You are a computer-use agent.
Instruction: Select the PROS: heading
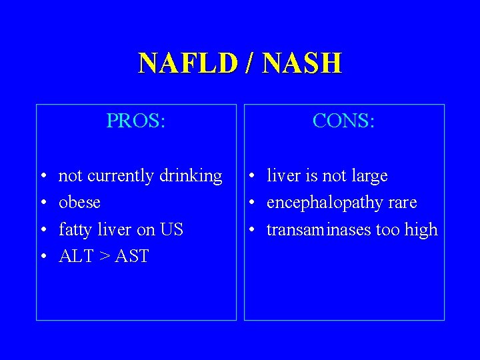[136, 121]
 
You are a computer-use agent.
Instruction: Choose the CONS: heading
[344, 121]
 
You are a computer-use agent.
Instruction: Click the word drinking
[191, 177]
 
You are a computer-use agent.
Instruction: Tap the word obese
[79, 203]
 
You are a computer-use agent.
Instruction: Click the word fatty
[75, 230]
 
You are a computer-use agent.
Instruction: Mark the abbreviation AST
[132, 256]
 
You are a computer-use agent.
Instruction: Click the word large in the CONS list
[369, 177]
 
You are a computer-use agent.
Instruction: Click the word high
[420, 230]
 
